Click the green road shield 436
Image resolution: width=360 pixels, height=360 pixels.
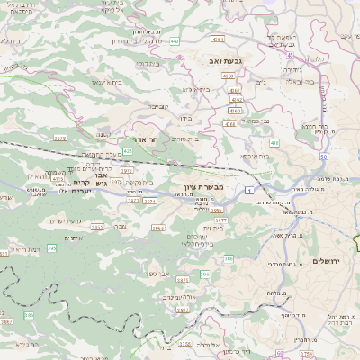(x=273, y=142)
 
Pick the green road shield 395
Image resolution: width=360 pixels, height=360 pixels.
(x=52, y=247)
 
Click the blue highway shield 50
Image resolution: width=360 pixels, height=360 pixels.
(x=322, y=157)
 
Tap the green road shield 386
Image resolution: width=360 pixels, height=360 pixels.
(x=29, y=315)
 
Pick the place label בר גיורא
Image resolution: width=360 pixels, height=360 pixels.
(x=27, y=343)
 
